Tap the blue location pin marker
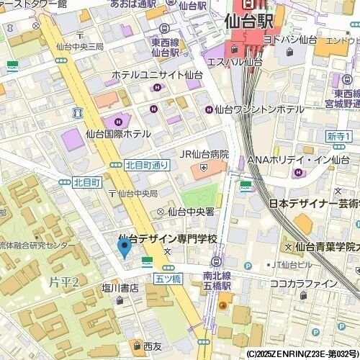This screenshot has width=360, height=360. (123, 248)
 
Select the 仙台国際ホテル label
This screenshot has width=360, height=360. (118, 134)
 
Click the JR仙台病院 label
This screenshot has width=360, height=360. (204, 154)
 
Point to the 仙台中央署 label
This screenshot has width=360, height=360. (191, 212)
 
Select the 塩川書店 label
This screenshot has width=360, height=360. (120, 288)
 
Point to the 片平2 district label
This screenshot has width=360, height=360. (64, 279)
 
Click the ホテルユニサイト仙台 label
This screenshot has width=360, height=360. (157, 74)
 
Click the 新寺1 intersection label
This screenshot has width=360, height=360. (338, 136)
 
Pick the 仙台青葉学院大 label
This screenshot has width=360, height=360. (327, 246)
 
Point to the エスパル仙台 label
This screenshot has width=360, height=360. (234, 62)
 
